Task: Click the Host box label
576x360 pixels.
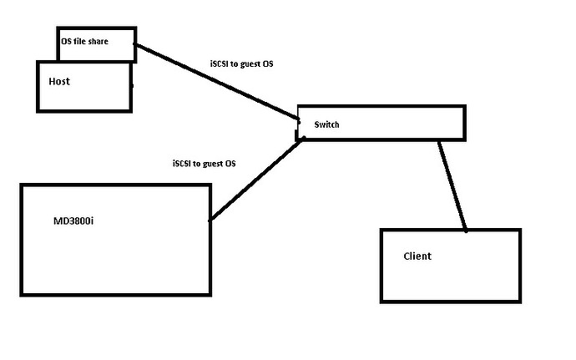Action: click(59, 81)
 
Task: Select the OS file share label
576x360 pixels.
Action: click(84, 41)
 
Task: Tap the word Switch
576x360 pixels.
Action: click(326, 124)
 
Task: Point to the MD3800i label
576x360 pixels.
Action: click(73, 221)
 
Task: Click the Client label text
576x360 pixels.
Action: click(417, 256)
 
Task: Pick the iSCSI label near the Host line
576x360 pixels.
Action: click(242, 64)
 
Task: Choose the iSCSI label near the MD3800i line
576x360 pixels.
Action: click(205, 163)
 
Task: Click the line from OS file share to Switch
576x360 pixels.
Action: click(217, 81)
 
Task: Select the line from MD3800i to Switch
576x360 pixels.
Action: click(256, 180)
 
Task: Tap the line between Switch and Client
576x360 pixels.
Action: click(452, 185)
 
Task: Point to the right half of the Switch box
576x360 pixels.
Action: click(423, 123)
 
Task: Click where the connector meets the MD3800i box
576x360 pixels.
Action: click(210, 221)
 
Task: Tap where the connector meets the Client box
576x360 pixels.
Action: click(466, 231)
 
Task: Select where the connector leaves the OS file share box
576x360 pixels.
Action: click(135, 45)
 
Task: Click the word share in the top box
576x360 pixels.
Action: click(98, 41)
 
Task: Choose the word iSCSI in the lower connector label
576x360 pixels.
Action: click(181, 163)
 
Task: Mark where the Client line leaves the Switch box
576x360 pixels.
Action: click(439, 141)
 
